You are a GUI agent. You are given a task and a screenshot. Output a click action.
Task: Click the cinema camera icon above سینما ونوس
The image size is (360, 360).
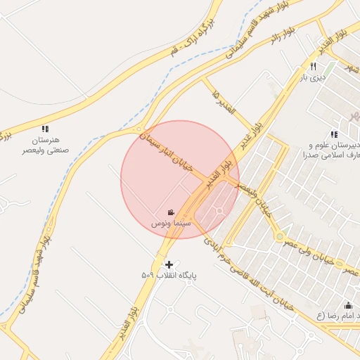[171, 212]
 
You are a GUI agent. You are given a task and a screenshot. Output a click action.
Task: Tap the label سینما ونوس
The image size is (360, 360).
[170, 224]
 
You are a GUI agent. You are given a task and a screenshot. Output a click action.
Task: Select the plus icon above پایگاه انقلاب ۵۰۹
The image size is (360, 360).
[169, 264]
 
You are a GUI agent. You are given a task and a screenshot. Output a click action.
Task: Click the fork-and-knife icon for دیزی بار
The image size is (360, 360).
[312, 67]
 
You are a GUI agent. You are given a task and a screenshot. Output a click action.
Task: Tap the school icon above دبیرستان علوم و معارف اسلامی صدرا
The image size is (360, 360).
[334, 134]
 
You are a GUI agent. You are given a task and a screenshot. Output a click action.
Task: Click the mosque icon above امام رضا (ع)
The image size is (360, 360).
[349, 305]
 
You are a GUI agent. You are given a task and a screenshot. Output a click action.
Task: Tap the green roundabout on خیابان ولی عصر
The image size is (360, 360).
[280, 237]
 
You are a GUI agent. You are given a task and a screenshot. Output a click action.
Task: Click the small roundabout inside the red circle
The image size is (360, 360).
[219, 211]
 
